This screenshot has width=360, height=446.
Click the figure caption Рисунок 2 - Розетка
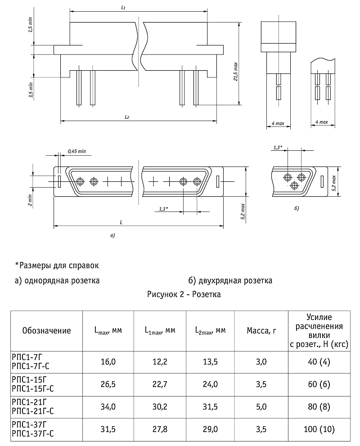(x=183, y=295)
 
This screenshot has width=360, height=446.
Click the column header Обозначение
(x=46, y=331)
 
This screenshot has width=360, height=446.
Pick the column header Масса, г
(x=261, y=331)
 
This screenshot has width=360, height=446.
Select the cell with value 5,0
(x=261, y=406)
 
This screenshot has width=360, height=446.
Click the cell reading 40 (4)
(x=319, y=361)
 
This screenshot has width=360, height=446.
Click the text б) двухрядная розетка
(x=230, y=281)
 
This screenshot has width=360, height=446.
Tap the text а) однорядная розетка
(x=57, y=281)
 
